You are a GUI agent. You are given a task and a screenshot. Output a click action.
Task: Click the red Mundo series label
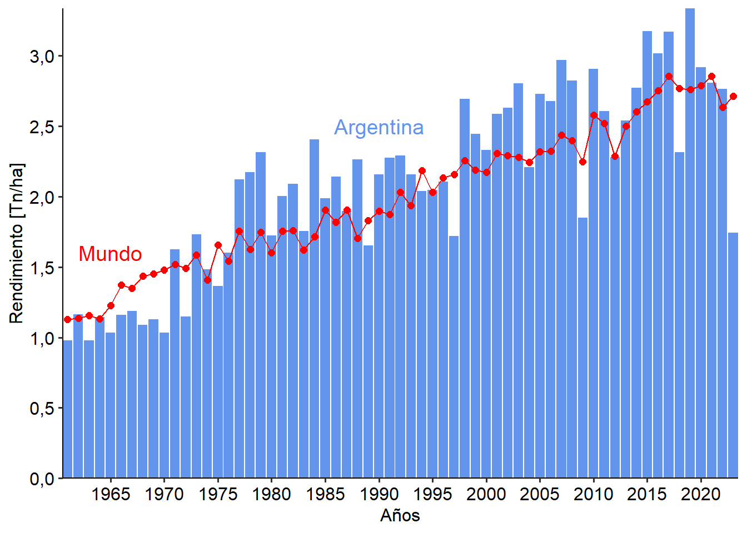[x=110, y=254]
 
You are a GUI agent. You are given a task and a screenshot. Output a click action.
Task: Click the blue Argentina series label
[x=379, y=127]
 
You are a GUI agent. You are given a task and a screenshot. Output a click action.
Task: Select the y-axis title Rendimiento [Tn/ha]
[x=17, y=243]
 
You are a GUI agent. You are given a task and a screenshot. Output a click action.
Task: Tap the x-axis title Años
[x=400, y=515]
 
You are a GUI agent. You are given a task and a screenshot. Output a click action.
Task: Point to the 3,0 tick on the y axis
[x=42, y=56]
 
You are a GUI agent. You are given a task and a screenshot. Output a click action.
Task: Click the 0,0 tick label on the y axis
[x=42, y=478]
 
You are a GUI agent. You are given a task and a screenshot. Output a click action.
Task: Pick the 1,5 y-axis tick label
[x=42, y=268]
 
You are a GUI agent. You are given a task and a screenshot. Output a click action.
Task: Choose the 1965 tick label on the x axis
[x=111, y=494]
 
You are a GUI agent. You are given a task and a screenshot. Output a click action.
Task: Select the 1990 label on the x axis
[x=379, y=494]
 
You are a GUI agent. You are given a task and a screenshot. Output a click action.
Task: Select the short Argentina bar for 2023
[x=733, y=355]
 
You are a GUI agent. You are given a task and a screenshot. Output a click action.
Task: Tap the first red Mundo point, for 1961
[x=67, y=319]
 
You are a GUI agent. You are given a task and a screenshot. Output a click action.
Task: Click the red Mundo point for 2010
[x=594, y=115]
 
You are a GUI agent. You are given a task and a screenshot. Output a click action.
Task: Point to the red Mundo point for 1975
[x=218, y=245]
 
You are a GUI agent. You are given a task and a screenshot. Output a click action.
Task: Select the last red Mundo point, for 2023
[x=733, y=96]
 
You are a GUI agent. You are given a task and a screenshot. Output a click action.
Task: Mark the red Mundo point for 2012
[x=615, y=157]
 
